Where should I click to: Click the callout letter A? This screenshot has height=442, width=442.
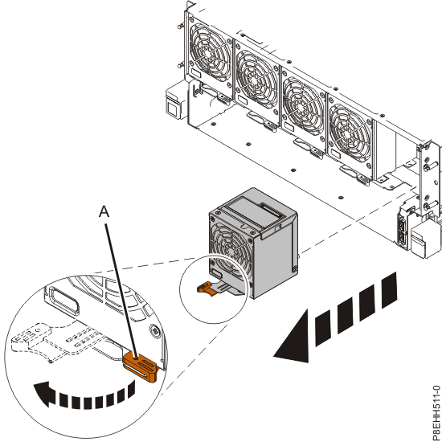(104, 211)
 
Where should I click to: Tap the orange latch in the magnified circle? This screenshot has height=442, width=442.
(140, 366)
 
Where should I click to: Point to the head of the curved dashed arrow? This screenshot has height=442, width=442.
(43, 393)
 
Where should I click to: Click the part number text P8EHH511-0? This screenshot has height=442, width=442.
(436, 412)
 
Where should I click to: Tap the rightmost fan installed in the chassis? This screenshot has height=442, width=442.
(350, 132)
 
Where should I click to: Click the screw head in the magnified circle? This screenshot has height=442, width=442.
(155, 329)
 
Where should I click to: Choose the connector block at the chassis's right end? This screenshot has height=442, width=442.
(403, 228)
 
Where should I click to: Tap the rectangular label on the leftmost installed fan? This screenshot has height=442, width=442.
(195, 73)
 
